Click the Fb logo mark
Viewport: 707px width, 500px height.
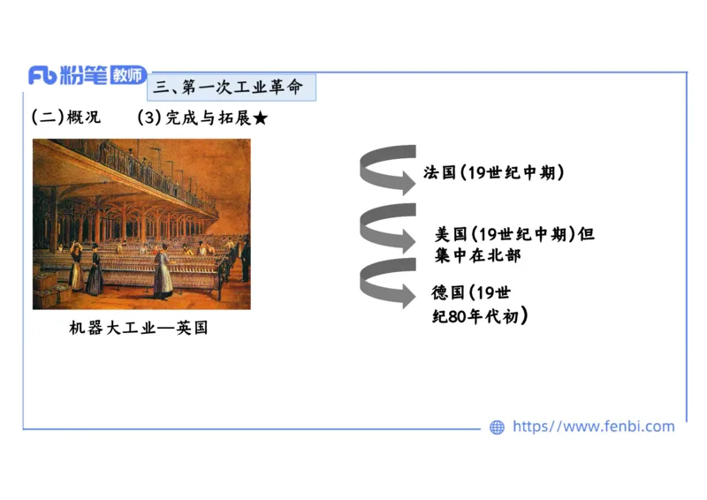tap(42, 76)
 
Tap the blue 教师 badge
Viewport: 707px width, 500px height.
tap(129, 76)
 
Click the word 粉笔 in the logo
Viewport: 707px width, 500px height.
tap(84, 76)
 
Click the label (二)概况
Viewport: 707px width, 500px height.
tap(66, 117)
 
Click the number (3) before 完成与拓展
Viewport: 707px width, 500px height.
tap(150, 117)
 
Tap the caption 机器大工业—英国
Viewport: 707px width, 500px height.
tap(139, 328)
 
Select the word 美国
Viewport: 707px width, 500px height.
tap(451, 234)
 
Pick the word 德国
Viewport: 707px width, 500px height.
tap(448, 292)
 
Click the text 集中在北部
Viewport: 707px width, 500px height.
tap(477, 256)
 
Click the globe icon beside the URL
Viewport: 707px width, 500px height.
tap(497, 427)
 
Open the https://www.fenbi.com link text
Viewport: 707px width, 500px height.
tap(593, 427)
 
